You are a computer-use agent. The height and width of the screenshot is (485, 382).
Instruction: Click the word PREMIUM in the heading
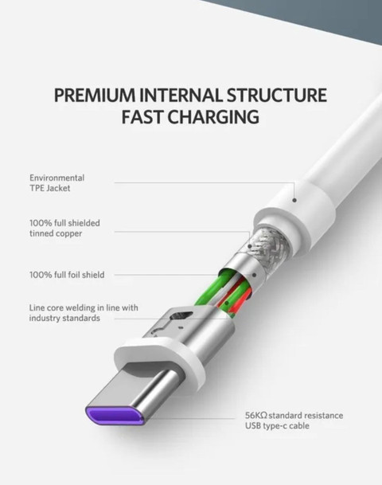[95, 95]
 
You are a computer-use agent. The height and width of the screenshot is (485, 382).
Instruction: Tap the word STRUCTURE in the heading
[277, 95]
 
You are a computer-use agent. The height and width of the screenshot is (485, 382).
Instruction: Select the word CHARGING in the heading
[214, 116]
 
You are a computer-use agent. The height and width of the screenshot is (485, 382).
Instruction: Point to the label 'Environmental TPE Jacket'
[57, 183]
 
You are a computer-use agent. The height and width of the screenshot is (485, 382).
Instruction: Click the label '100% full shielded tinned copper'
[65, 228]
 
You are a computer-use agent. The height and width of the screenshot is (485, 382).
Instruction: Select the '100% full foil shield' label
[67, 275]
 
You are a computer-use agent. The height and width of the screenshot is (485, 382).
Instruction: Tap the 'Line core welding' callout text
[84, 313]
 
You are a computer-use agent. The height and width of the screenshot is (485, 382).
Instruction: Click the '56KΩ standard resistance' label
[294, 415]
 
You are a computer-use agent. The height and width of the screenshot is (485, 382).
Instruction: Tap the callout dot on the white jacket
[294, 200]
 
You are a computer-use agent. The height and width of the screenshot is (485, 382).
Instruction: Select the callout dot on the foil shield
[254, 275]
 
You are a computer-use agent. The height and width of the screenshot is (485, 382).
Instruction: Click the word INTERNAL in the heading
[181, 95]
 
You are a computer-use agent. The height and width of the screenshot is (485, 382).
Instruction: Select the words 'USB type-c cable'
[277, 426]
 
